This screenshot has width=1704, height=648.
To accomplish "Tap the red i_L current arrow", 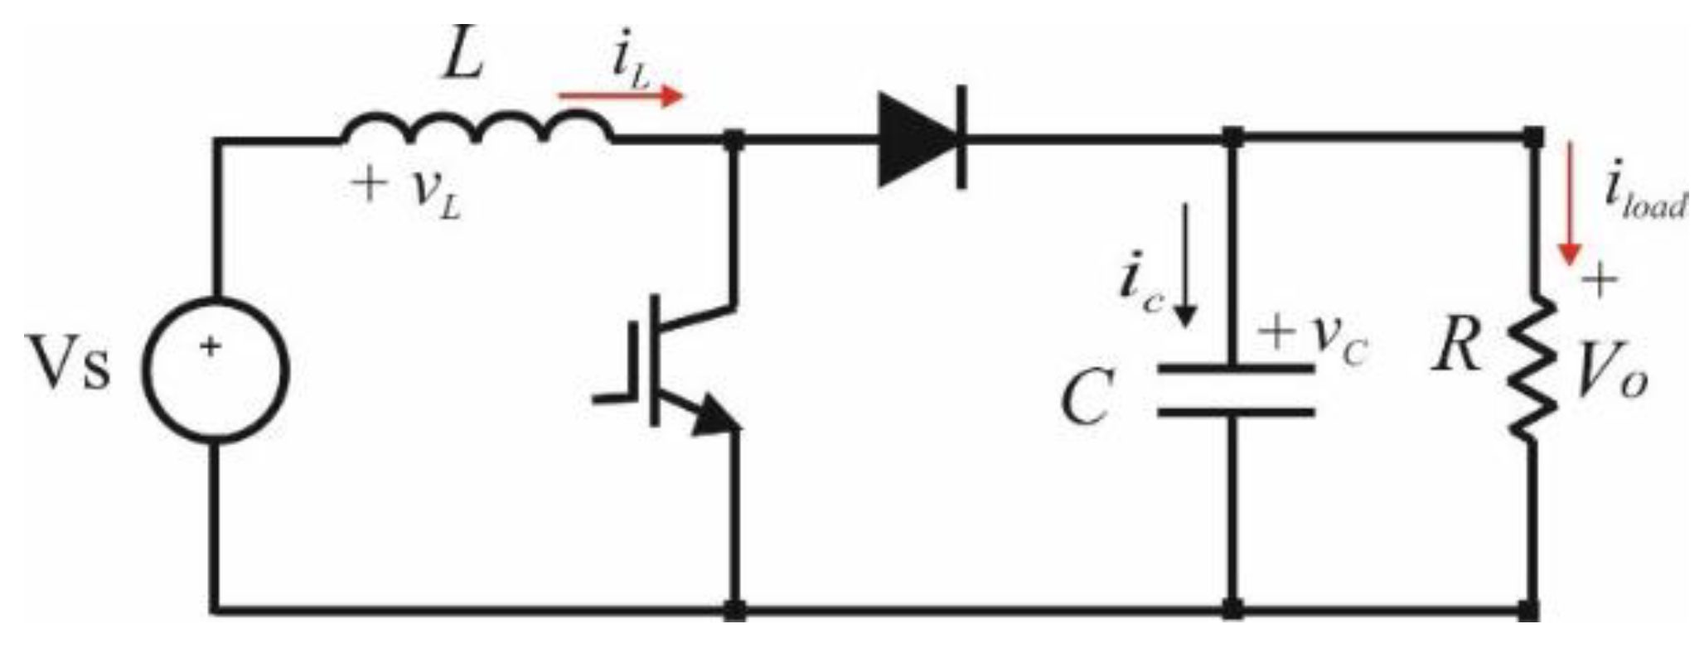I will pos(622,97).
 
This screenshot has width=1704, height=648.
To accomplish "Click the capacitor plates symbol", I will pos(1235,389).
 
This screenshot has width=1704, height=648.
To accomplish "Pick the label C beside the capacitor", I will pos(1085,398).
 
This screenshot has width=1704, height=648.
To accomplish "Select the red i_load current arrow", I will pos(1567,215).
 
